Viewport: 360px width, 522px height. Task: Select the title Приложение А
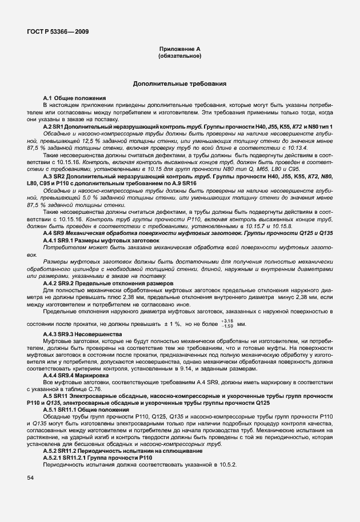(179, 50)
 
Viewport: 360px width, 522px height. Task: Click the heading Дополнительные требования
(179, 83)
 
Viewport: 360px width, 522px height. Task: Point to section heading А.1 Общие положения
(74, 99)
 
